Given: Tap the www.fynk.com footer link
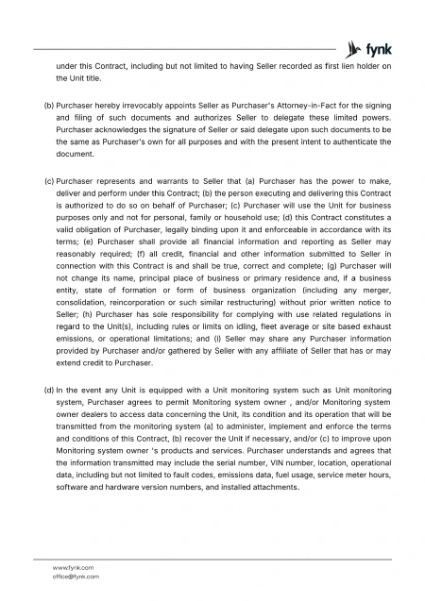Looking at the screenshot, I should pyautogui.click(x=76, y=567).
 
